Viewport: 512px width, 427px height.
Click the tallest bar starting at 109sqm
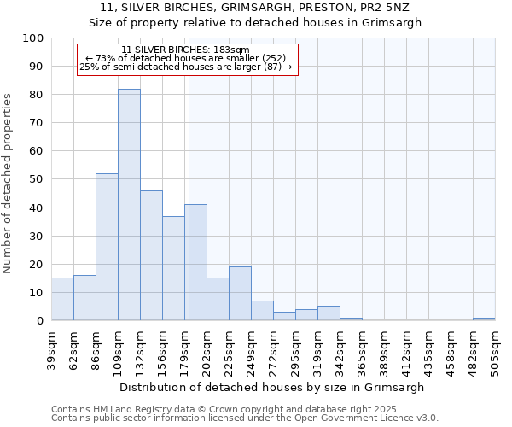pyautogui.click(x=129, y=205)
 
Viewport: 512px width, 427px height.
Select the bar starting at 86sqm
pyautogui.click(x=107, y=247)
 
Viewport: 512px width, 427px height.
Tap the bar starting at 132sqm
pyautogui.click(x=151, y=255)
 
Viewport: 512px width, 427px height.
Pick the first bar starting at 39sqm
pyautogui.click(x=62, y=299)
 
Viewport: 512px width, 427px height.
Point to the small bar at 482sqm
pyautogui.click(x=484, y=319)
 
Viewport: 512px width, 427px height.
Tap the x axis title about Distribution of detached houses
pyautogui.click(x=273, y=387)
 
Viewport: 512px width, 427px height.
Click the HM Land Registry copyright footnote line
pyautogui.click(x=213, y=409)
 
